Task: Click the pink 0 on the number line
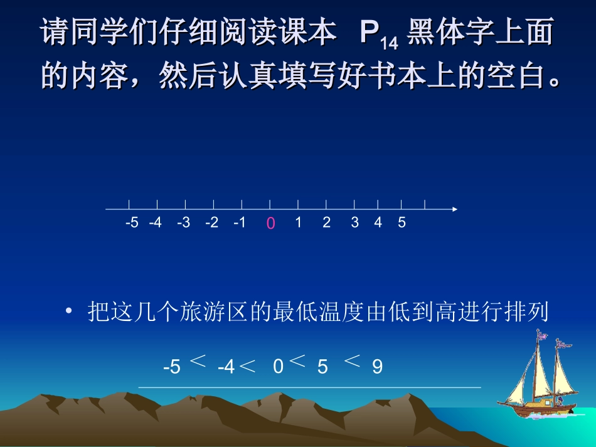(x=270, y=223)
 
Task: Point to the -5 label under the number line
(x=132, y=223)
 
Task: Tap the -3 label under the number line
(x=183, y=223)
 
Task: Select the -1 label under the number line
(x=239, y=223)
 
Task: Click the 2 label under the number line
(x=326, y=223)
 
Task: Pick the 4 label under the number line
(x=378, y=223)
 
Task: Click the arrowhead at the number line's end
(x=455, y=209)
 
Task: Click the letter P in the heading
(x=370, y=34)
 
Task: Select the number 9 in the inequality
(x=377, y=367)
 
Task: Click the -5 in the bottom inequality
(x=171, y=367)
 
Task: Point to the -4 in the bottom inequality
(x=226, y=367)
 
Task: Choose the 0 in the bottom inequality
(x=279, y=367)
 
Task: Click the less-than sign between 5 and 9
(x=353, y=360)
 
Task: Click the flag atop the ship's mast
(x=541, y=335)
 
